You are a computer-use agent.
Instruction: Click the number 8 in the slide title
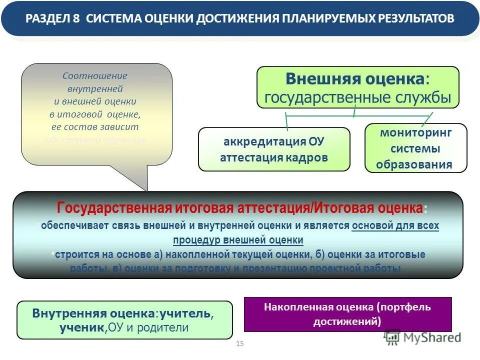click(76, 19)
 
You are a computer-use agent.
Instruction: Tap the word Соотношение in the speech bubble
click(95, 76)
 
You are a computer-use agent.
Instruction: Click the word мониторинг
click(415, 133)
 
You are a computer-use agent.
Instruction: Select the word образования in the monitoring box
click(414, 164)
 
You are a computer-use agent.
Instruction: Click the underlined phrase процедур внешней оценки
click(238, 240)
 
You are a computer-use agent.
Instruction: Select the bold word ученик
click(81, 328)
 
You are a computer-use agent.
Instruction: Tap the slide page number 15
click(239, 343)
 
